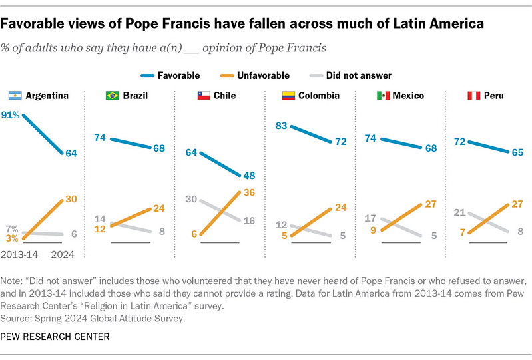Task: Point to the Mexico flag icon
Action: [383, 96]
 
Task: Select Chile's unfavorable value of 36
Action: [250, 192]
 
